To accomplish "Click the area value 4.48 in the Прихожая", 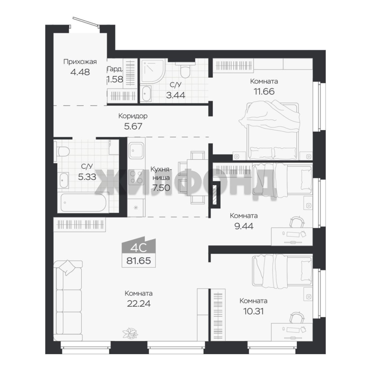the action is [x=80, y=72].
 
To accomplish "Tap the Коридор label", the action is [x=133, y=116].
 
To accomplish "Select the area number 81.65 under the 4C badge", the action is [x=139, y=261].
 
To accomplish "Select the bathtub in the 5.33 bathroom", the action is [x=83, y=202].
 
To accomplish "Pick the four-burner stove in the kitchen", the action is [x=136, y=177].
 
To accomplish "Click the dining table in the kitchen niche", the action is [x=198, y=178].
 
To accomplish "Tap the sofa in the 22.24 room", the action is [x=68, y=301].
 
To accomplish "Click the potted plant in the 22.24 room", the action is [x=130, y=333].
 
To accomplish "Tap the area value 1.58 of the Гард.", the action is [x=115, y=79].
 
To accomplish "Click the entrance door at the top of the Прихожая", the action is [x=85, y=22].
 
